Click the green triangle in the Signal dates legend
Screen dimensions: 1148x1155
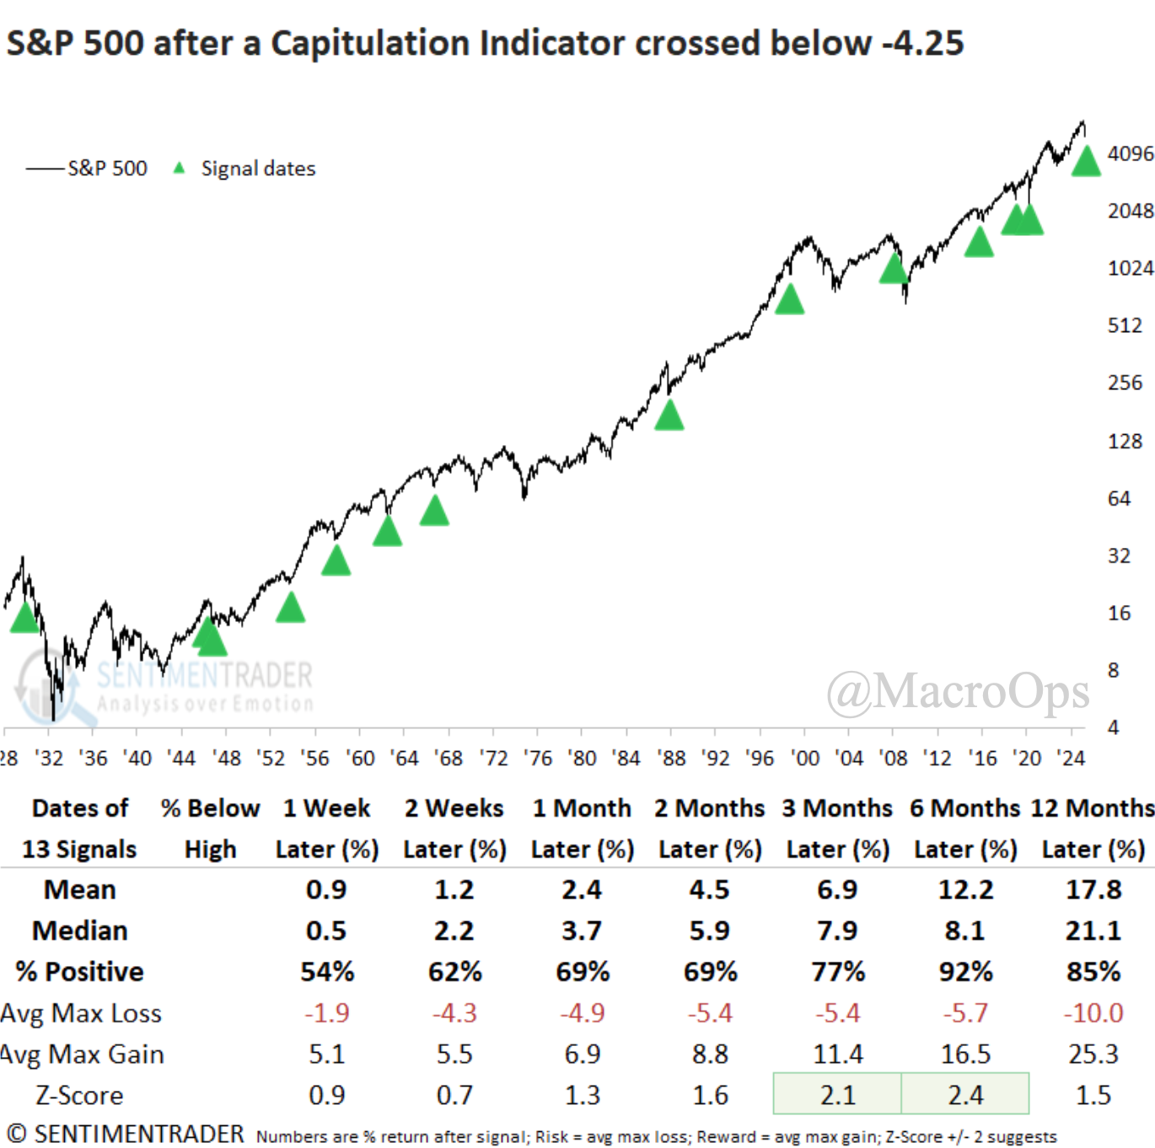179,168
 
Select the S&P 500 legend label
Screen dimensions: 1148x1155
107,169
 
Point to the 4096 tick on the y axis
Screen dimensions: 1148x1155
1130,154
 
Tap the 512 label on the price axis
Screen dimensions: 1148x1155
1125,325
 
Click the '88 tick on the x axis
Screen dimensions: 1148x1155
672,759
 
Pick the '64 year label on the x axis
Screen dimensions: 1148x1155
405,759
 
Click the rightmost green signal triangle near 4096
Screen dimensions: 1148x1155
1086,161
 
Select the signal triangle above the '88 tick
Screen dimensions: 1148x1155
669,416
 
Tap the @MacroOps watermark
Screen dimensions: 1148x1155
958,692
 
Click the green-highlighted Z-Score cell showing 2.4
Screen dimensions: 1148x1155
965,1094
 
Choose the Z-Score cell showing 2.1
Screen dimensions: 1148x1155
837,1094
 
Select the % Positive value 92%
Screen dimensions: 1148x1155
965,972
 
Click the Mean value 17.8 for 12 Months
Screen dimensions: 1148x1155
1093,890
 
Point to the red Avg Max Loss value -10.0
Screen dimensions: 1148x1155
1093,1012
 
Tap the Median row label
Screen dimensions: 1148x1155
80,931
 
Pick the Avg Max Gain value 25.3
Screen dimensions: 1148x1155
1093,1054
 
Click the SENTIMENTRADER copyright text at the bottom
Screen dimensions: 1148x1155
125,1135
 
